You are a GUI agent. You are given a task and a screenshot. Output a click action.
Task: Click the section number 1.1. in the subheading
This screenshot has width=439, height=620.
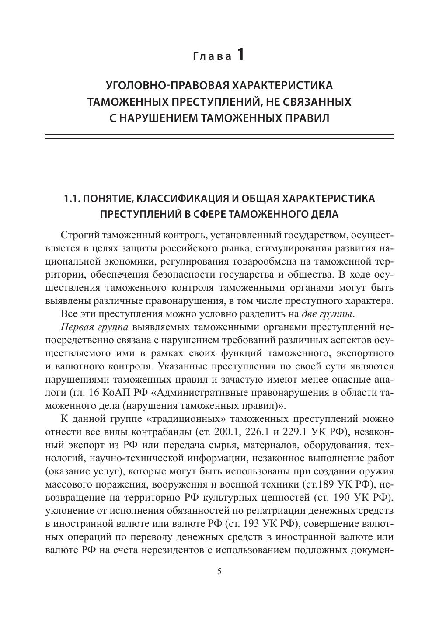point(73,199)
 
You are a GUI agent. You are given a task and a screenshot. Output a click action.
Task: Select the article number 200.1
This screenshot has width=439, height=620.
point(226,432)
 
